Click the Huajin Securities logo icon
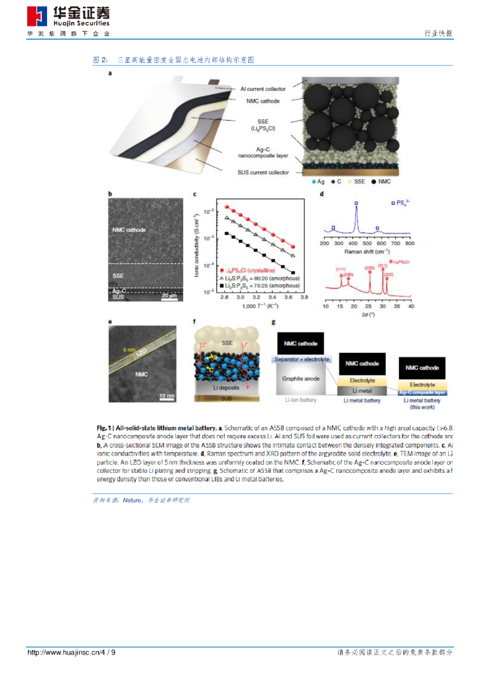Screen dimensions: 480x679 (x=38, y=16)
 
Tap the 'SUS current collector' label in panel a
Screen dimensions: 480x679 (x=263, y=172)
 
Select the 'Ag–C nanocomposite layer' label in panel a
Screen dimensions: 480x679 (x=262, y=153)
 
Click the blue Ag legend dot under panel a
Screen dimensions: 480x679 (x=314, y=181)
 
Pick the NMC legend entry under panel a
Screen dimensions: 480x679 (x=375, y=181)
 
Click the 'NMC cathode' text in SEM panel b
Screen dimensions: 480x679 (x=129, y=230)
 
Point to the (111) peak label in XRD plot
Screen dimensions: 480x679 (x=341, y=269)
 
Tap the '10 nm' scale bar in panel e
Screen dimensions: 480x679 (x=166, y=395)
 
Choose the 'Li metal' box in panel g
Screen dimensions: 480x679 (x=360, y=391)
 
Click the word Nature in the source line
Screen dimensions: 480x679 (x=133, y=500)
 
